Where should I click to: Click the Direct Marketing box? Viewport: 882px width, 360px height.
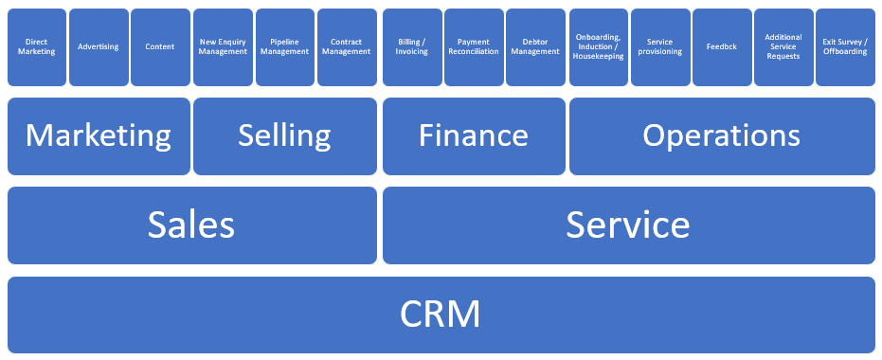point(37,47)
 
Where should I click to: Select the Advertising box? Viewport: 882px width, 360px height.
point(99,47)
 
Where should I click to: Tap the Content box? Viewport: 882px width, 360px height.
point(160,47)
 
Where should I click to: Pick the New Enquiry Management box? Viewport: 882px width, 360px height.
point(223,47)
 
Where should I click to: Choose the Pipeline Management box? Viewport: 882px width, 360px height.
point(285,47)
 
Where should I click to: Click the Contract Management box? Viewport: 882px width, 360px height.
point(347,47)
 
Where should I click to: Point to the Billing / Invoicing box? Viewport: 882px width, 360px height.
point(412,47)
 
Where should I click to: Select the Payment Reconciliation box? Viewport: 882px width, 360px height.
point(475,47)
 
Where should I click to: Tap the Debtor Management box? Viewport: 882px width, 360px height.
point(535,47)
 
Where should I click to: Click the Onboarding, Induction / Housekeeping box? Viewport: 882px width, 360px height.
point(599,47)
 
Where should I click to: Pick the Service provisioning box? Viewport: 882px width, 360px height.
point(660,47)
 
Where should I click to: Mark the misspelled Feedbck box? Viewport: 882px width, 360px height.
point(722,47)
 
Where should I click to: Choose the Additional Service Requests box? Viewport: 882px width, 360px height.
point(783,47)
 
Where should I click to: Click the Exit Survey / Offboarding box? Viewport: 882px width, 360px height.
point(845,47)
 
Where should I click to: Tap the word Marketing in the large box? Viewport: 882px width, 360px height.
point(99,136)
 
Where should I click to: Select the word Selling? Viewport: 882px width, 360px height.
point(284,136)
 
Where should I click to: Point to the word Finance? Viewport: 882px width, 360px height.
point(474,135)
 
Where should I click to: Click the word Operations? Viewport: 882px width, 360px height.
point(722,136)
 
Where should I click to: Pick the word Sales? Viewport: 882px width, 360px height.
point(191,225)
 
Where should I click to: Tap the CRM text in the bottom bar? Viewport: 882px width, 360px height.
point(441,315)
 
